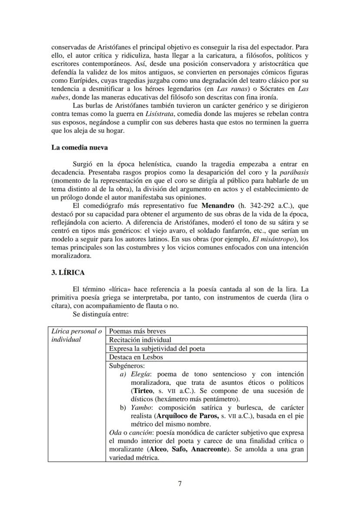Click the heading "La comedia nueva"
tap(80, 147)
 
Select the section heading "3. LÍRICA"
tap(68, 273)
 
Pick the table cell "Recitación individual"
tap(140, 340)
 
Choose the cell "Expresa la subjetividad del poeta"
tap(157, 349)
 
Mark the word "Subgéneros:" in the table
tap(127, 366)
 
